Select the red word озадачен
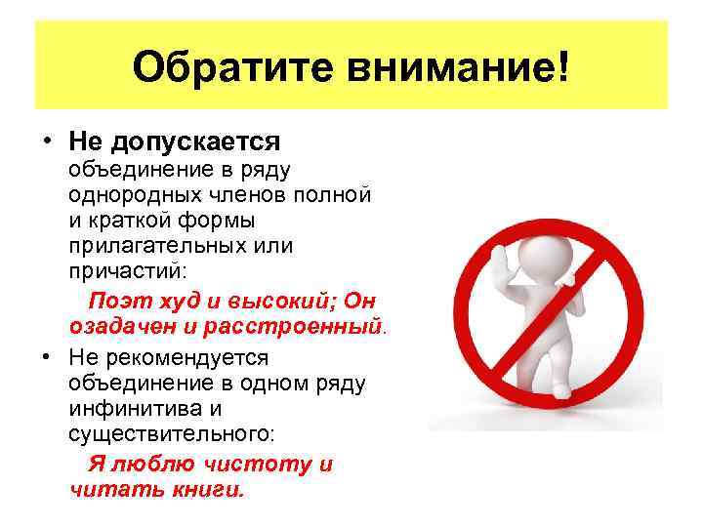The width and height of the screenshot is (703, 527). point(118,323)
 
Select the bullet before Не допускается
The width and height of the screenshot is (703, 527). point(46,142)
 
